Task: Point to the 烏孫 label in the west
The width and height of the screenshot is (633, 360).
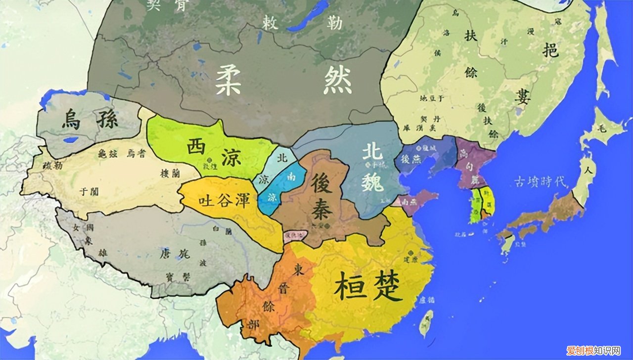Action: pyautogui.click(x=90, y=119)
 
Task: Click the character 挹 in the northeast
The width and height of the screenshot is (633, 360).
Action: pyautogui.click(x=550, y=49)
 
